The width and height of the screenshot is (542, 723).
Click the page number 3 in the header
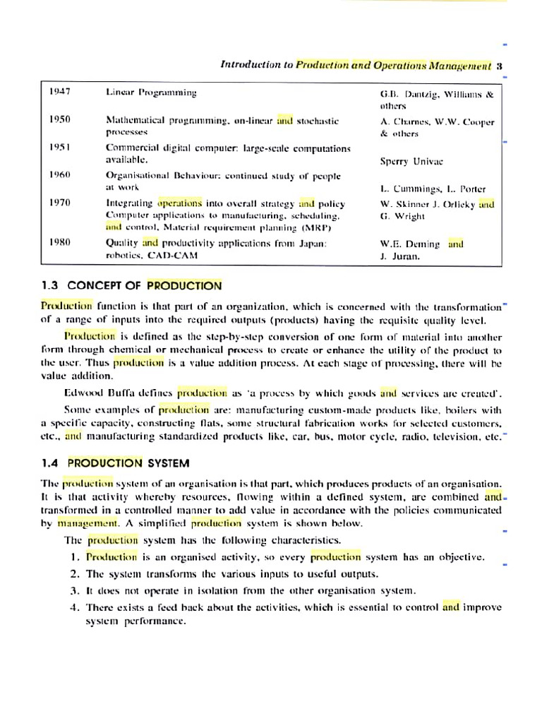pos(499,65)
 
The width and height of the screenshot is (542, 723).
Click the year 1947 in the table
pos(60,92)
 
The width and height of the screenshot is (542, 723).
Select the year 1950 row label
pos(60,119)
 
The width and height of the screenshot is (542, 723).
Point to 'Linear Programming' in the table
pos(151,92)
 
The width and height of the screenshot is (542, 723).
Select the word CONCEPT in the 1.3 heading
pos(95,286)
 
